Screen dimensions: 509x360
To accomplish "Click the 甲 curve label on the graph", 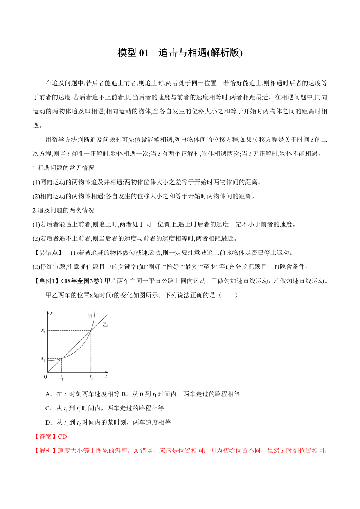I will [x=90, y=317].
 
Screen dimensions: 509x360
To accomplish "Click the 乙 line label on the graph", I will [x=105, y=324].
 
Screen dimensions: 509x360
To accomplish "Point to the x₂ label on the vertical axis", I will [x=43, y=331].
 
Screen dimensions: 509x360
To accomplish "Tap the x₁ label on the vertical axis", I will [x=43, y=358].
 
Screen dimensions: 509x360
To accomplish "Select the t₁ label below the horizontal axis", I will [x=62, y=378].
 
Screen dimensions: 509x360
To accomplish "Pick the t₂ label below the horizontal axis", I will [x=91, y=378].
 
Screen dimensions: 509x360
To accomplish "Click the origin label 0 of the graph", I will [x=45, y=377].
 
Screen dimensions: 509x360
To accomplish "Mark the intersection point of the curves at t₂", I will [x=91, y=331].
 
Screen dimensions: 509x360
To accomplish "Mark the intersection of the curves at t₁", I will [x=62, y=358].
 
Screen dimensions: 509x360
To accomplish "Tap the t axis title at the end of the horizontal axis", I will [x=106, y=376].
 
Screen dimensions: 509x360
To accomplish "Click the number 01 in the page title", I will [x=144, y=53].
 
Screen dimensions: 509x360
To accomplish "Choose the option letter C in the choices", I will [x=48, y=408].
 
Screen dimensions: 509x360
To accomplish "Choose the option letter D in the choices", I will [x=48, y=422].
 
